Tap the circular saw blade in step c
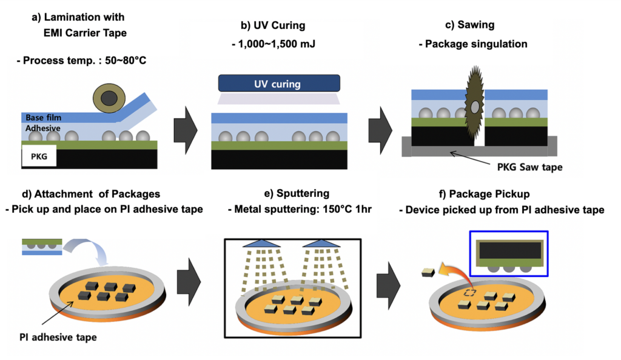click(474, 106)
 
